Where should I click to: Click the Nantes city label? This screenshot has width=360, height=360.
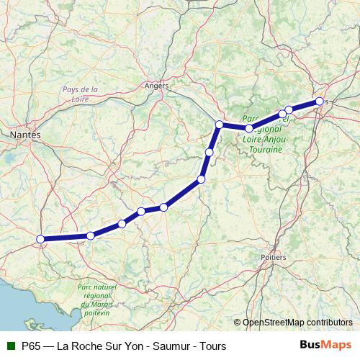click(x=25, y=135)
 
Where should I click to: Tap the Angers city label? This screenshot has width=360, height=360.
click(x=156, y=86)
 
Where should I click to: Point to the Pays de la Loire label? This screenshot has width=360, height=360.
click(x=80, y=95)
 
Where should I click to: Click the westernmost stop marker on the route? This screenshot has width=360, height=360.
click(x=41, y=239)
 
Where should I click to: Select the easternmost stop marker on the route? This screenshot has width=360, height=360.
click(x=319, y=102)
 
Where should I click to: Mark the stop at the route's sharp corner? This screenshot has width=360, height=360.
click(x=219, y=125)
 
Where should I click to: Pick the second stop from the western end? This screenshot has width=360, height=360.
click(x=91, y=236)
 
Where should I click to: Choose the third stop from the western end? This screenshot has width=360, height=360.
click(x=122, y=224)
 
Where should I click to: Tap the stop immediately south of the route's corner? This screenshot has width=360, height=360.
click(x=209, y=152)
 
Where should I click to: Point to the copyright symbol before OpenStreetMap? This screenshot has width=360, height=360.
click(x=237, y=323)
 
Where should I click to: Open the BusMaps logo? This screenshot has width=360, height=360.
click(x=326, y=346)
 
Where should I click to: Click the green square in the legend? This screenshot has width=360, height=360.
click(x=10, y=346)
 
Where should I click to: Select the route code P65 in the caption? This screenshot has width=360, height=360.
click(x=31, y=346)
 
